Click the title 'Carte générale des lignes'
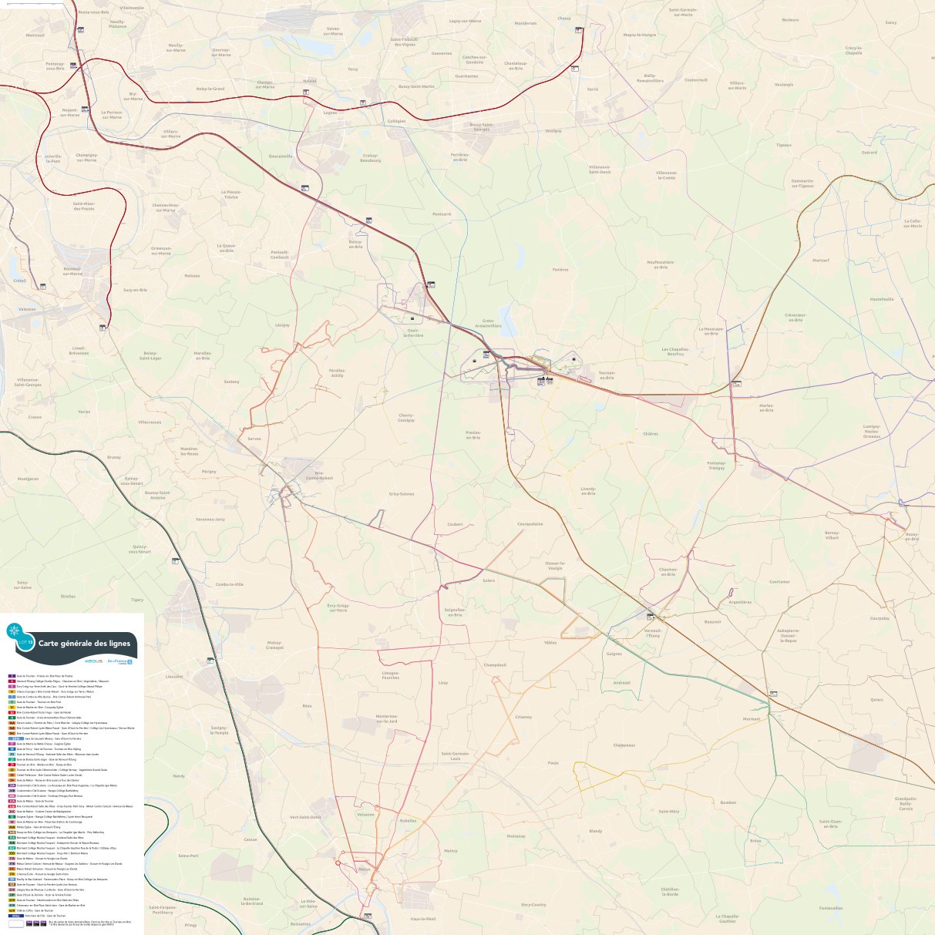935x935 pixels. click(x=85, y=643)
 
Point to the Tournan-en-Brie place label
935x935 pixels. click(x=607, y=375)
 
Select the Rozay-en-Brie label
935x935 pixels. click(x=912, y=536)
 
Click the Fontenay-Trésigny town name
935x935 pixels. click(x=716, y=465)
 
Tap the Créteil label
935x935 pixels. click(x=20, y=281)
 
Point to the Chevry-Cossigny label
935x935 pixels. click(x=406, y=419)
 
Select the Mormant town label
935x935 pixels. click(x=752, y=718)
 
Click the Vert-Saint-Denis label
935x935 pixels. click(x=304, y=817)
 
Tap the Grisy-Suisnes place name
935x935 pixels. click(x=402, y=493)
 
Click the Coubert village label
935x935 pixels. click(x=455, y=524)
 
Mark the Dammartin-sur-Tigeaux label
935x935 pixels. click(x=802, y=183)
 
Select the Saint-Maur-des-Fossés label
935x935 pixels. click(x=83, y=206)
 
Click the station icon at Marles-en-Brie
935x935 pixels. click(x=735, y=383)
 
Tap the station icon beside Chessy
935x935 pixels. click(x=578, y=30)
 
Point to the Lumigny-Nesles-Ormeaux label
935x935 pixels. click(x=872, y=431)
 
